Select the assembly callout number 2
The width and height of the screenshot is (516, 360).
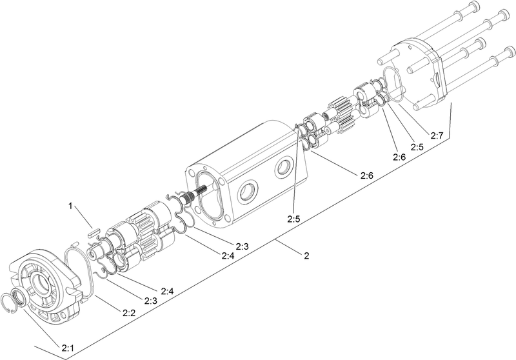tap(306, 255)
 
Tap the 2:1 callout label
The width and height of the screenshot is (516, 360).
tap(68, 348)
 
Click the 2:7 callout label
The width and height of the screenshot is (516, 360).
tap(437, 136)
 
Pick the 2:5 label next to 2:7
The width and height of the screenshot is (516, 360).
tap(417, 147)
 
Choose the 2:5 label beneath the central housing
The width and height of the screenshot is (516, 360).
tap(293, 219)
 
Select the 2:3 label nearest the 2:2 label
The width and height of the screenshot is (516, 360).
tap(151, 301)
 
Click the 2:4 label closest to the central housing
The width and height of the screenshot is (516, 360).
tap(228, 256)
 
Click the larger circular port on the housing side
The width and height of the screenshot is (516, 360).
tap(248, 192)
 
